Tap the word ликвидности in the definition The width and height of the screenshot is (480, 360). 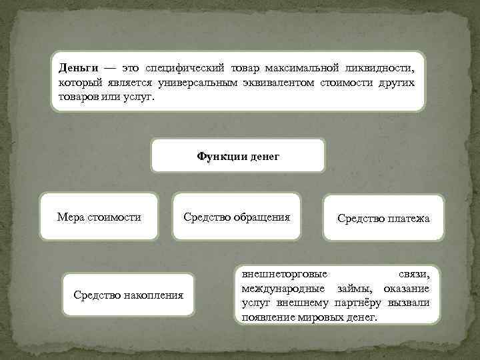click(379, 69)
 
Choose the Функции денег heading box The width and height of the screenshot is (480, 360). click(238, 156)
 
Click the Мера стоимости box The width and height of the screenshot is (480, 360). click(99, 217)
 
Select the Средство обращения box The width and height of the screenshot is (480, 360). click(237, 217)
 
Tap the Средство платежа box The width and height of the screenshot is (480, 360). click(383, 218)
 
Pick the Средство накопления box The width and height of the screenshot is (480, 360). click(128, 295)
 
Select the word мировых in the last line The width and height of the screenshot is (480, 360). click(314, 316)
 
